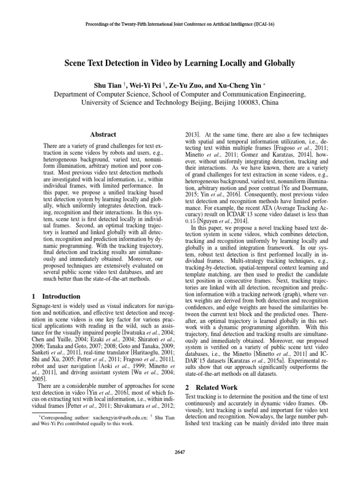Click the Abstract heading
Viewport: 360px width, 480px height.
coord(103,134)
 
